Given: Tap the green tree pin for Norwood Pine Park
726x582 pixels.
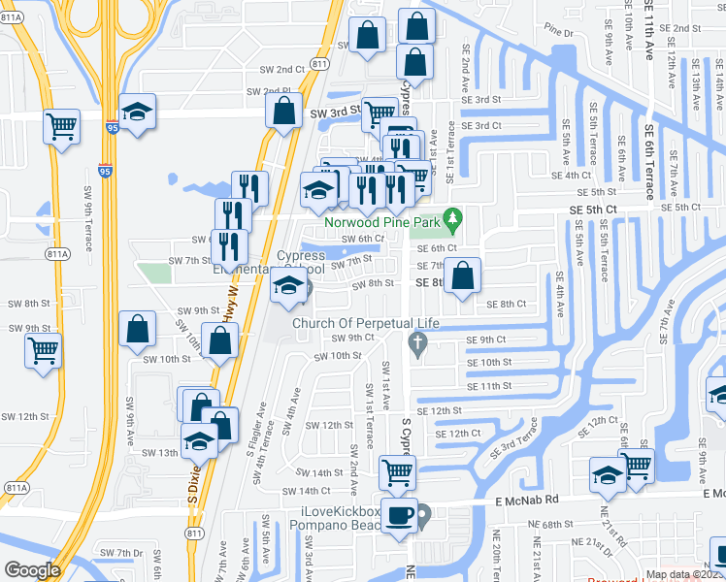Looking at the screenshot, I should (x=450, y=218).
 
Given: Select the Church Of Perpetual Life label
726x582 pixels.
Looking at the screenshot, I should (x=367, y=323).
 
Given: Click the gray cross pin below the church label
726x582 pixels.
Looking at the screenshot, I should (x=417, y=342).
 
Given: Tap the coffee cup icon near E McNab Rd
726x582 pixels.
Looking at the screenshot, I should (x=399, y=515).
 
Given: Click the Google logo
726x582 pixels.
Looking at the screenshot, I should (x=32, y=570).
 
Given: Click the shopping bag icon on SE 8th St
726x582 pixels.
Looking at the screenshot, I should (x=463, y=275).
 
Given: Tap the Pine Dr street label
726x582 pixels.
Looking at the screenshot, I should (x=560, y=32).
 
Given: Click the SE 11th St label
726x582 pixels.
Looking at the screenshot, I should (x=488, y=386).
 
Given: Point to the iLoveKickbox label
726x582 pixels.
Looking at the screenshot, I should (x=342, y=511).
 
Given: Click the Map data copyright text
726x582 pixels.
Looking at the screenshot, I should (x=685, y=574).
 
